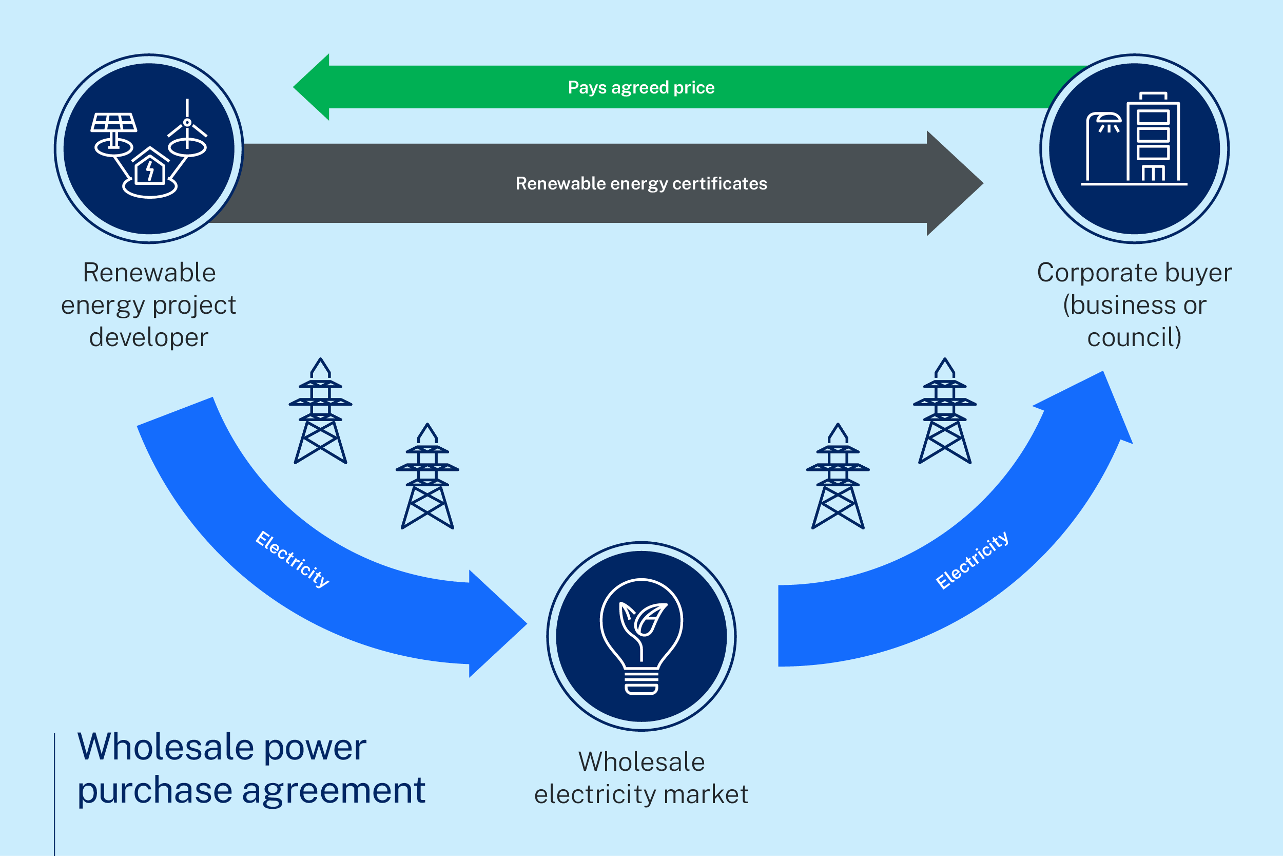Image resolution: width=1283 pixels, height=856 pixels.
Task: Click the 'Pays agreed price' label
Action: tap(641, 87)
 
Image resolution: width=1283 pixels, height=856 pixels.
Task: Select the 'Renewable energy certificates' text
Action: tap(641, 183)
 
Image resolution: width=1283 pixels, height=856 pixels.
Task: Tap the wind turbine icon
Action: tap(187, 128)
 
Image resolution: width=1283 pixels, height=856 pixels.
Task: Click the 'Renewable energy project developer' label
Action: tap(148, 305)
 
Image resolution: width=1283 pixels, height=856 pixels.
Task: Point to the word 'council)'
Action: tap(1134, 337)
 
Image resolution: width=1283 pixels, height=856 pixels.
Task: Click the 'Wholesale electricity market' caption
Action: tap(641, 778)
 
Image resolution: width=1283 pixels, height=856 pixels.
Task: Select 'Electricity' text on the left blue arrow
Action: tap(293, 559)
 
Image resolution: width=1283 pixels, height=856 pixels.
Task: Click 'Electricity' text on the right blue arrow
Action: tap(972, 560)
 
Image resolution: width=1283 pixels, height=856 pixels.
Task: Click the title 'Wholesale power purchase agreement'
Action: tap(251, 768)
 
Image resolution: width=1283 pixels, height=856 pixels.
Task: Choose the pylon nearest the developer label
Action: tap(320, 412)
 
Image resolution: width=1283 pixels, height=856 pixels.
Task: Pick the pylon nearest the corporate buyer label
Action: tap(945, 412)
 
